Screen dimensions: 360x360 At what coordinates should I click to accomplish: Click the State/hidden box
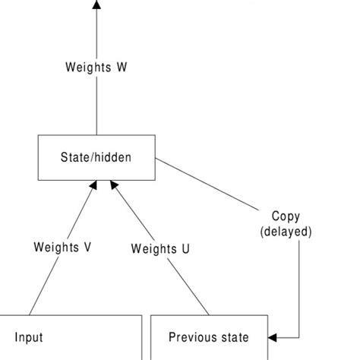(x=96, y=158)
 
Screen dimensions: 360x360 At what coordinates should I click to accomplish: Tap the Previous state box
(x=208, y=337)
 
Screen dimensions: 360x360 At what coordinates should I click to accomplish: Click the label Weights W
(x=96, y=66)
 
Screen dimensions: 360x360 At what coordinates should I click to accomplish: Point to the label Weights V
(x=63, y=247)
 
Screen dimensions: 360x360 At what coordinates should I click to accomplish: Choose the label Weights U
(x=160, y=248)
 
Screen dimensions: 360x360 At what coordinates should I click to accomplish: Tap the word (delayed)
(x=286, y=232)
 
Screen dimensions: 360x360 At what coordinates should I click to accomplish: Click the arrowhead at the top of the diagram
(x=96, y=5)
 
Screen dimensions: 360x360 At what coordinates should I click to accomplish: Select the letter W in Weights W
(x=121, y=66)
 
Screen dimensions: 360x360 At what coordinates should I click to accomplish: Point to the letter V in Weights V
(x=88, y=247)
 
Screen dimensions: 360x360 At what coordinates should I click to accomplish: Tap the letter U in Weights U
(x=185, y=248)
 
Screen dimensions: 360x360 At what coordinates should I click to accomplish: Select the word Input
(x=29, y=336)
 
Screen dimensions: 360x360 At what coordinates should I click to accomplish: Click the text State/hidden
(x=96, y=158)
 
